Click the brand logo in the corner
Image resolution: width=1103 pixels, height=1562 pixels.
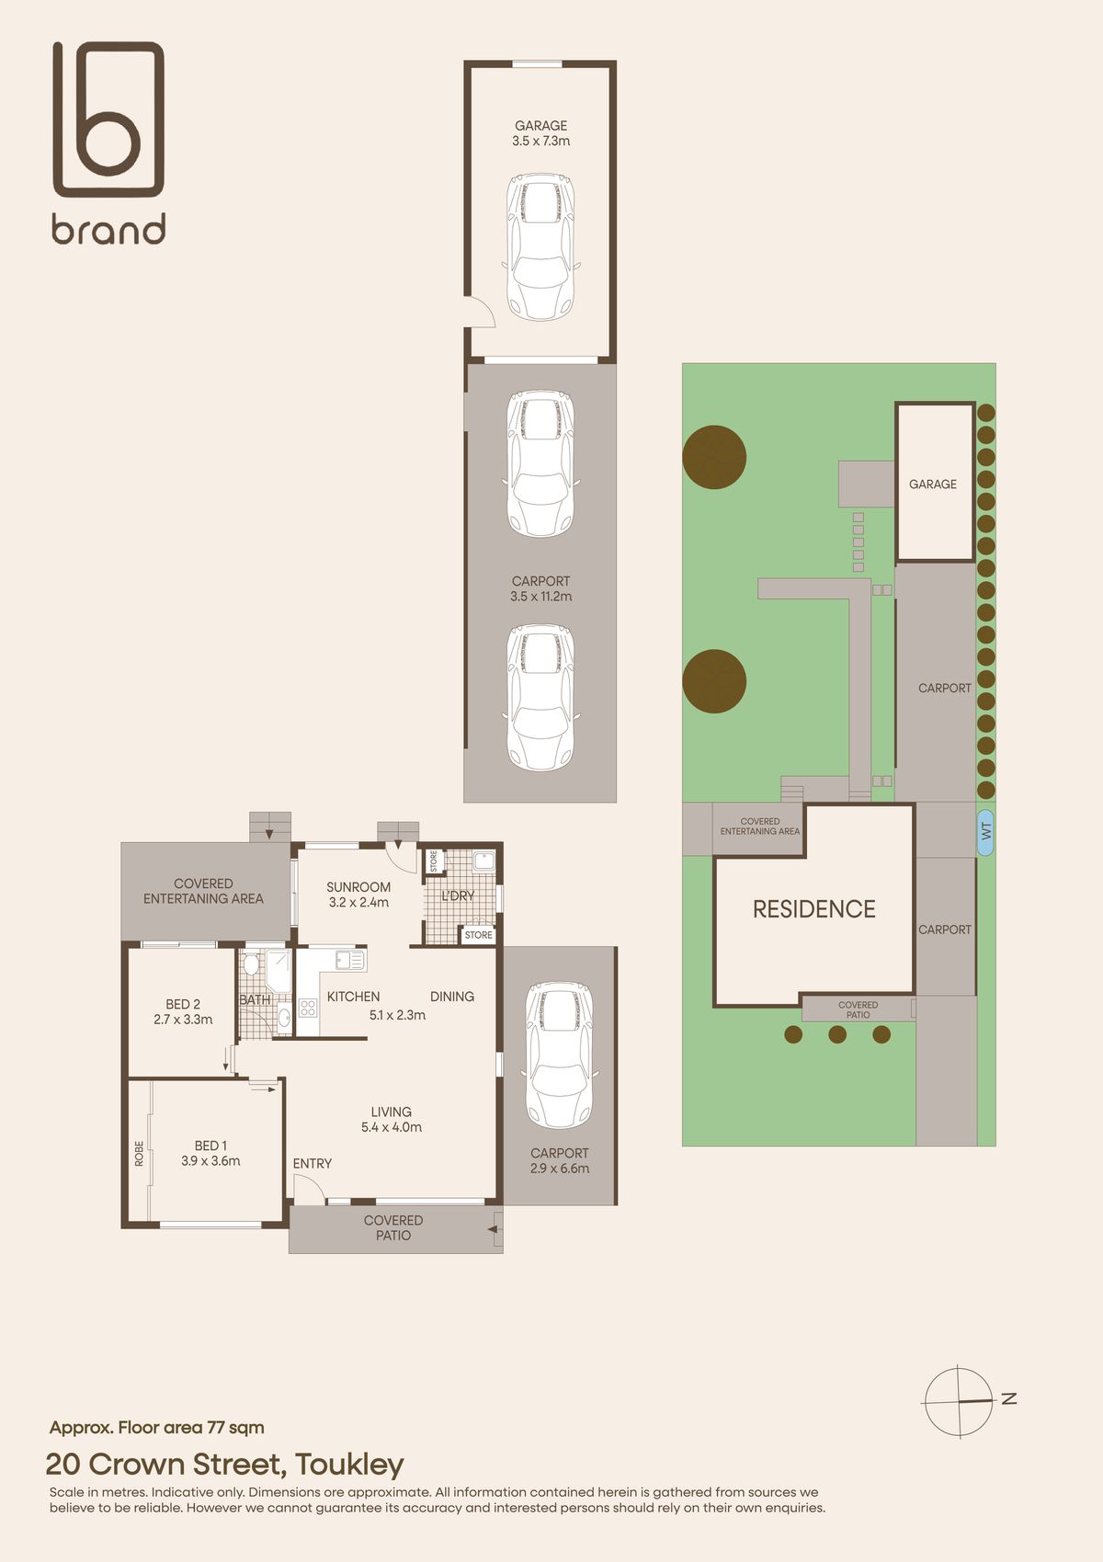[x=108, y=143]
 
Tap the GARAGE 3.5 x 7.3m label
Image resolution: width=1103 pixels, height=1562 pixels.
[x=541, y=133]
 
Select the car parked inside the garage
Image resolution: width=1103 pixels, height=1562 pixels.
[x=540, y=247]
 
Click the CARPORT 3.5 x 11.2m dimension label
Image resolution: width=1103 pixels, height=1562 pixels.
[x=541, y=588]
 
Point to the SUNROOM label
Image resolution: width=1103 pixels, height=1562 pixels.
[x=358, y=887]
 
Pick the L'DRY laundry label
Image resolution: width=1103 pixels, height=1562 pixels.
[x=458, y=895]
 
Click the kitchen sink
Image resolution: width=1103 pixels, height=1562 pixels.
[x=350, y=960]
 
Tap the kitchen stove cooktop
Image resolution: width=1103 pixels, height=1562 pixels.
[x=308, y=1008]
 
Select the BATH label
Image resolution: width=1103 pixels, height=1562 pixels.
[x=255, y=999]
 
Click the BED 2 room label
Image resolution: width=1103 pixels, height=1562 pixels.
[x=183, y=1004]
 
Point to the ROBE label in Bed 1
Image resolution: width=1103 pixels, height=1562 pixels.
[x=139, y=1154]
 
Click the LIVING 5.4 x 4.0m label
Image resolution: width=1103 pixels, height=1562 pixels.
[x=392, y=1119]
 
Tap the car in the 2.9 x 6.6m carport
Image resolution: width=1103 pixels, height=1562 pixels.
[x=559, y=1055]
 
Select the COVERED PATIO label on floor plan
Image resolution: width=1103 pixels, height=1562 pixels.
[x=393, y=1227]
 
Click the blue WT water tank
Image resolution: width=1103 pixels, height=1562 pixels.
[x=985, y=832]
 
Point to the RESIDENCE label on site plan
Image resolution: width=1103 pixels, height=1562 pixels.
[x=813, y=908]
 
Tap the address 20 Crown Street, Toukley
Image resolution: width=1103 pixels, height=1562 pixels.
[x=224, y=1465]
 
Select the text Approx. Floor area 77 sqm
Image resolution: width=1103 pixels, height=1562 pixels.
[x=157, y=1428]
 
